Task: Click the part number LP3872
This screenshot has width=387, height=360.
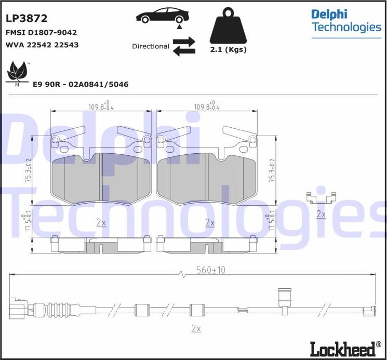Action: click(26, 18)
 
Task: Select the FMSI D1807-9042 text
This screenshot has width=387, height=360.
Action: click(41, 32)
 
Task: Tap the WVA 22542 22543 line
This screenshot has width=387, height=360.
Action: click(42, 45)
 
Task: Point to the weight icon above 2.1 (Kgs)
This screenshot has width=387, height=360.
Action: click(228, 25)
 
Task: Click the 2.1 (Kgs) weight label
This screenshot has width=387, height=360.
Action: click(228, 49)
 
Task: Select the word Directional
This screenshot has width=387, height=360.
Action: click(151, 46)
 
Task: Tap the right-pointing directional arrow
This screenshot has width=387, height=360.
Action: click(184, 41)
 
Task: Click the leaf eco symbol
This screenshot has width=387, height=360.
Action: click(17, 72)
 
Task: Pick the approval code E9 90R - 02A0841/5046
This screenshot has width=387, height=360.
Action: click(81, 84)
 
